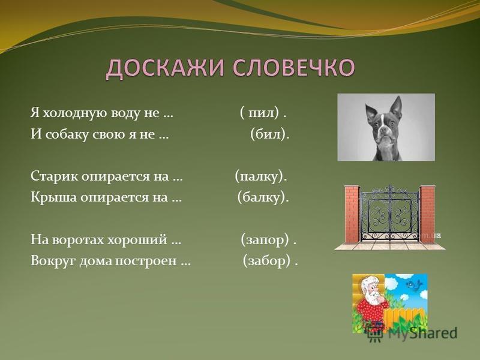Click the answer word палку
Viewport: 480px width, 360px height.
260,176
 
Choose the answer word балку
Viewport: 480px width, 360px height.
262,197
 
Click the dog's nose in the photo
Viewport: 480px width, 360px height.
383,129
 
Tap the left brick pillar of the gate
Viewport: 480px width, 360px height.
352,214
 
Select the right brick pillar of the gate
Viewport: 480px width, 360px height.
427,214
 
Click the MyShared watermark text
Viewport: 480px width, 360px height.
422,333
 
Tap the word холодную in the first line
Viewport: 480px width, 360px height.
76,114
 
